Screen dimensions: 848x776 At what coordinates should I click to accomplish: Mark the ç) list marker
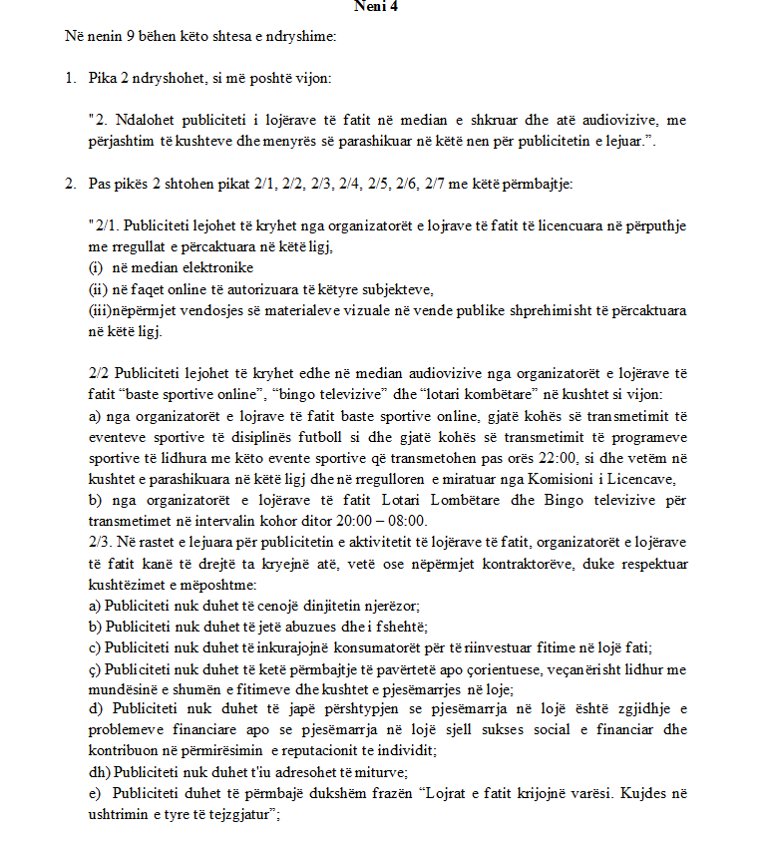pos(94,668)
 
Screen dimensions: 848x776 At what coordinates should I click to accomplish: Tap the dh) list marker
pos(99,772)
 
